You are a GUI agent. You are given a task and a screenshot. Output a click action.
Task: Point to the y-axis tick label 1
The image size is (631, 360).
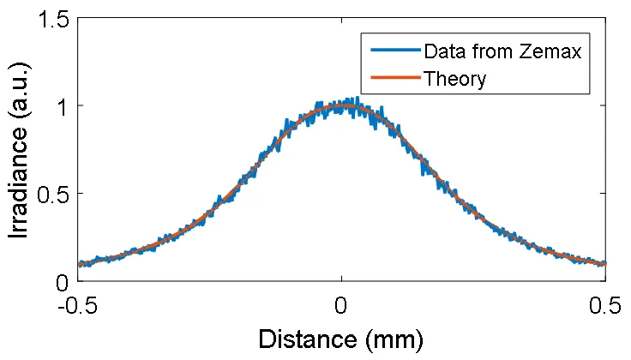[x=61, y=106]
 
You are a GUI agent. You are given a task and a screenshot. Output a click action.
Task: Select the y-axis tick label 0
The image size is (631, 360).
[x=61, y=282]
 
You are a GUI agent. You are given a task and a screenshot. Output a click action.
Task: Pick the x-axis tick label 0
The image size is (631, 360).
[x=341, y=304]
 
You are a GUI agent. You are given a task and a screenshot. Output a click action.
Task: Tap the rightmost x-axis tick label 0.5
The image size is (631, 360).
[x=606, y=304]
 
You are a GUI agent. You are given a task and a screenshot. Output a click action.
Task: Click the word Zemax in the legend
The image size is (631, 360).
[x=553, y=52]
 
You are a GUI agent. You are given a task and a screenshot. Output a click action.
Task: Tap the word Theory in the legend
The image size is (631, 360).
[x=455, y=79]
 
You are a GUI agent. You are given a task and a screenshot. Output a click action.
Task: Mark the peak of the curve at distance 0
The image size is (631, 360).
[x=341, y=105]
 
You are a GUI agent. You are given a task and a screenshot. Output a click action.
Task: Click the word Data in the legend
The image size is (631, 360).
[x=444, y=52]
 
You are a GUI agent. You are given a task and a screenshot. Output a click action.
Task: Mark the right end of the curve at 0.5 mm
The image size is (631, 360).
[x=605, y=264]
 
